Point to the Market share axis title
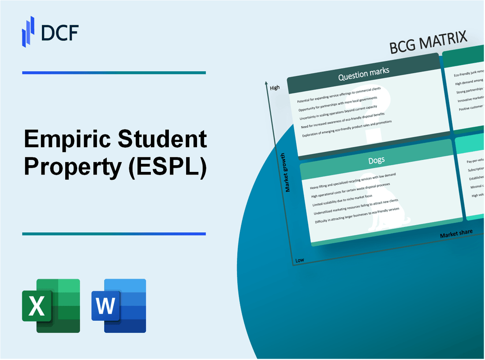[x=456, y=233]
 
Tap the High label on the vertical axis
[x=275, y=88]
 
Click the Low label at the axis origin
[x=299, y=260]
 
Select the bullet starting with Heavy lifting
[x=353, y=181]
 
